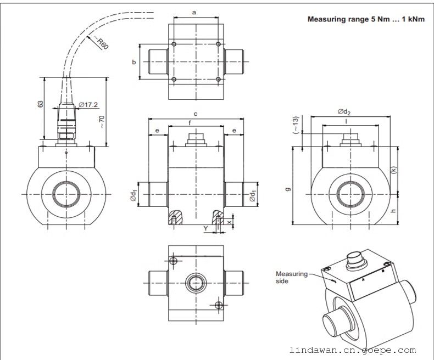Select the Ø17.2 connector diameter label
[x=88, y=104]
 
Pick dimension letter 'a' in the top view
[x=196, y=11]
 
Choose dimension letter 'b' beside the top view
[x=133, y=62]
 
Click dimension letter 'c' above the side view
[x=196, y=114]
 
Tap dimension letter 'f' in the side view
[x=190, y=122]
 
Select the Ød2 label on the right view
[x=344, y=112]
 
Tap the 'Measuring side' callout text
[x=291, y=277]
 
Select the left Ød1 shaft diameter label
[x=133, y=195]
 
